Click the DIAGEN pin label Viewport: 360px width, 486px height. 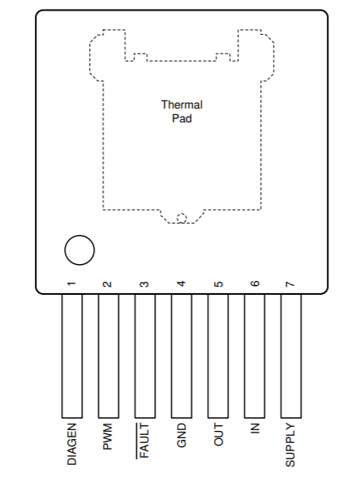[x=71, y=444]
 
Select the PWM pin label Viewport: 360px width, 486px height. [x=107, y=437]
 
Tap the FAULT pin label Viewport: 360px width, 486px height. [x=144, y=441]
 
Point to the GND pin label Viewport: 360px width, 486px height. [x=181, y=436]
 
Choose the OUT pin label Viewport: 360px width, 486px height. [x=218, y=434]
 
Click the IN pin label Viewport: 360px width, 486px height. [x=255, y=428]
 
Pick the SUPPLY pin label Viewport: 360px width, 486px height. [x=290, y=445]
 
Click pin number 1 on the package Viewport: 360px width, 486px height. [x=71, y=283]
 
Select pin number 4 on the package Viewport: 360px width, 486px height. [x=182, y=283]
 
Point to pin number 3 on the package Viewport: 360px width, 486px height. [x=144, y=284]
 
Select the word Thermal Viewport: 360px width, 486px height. [x=182, y=104]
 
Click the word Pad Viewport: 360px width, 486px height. [x=182, y=118]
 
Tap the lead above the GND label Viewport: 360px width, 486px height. [x=182, y=356]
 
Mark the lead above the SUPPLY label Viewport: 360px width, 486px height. [x=291, y=356]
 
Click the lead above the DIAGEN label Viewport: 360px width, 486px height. [x=71, y=356]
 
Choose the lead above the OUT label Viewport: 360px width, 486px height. [x=218, y=356]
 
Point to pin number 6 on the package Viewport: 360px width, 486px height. [x=255, y=283]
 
